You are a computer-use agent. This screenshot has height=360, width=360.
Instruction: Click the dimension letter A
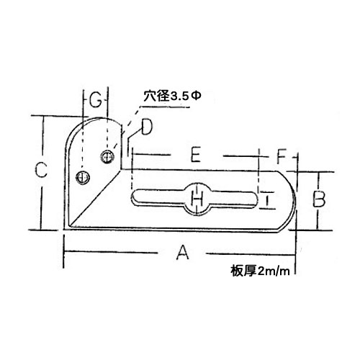tap(183, 252)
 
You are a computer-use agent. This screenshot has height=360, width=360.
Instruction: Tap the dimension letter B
tap(319, 199)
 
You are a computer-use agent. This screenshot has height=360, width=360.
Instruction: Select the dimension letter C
tap(41, 170)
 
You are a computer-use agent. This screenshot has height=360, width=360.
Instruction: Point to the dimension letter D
tap(147, 127)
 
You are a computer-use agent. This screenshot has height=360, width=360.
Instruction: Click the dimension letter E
tap(196, 155)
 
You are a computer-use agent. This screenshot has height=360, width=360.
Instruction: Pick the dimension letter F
tap(282, 156)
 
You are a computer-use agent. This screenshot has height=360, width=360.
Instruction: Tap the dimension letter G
tap(96, 100)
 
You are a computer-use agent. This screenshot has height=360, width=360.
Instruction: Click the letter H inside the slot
tap(197, 199)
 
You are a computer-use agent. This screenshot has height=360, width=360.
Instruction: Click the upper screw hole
tap(107, 157)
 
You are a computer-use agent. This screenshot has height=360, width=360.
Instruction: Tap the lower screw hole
tap(83, 177)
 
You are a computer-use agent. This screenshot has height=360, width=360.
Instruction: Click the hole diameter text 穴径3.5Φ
tap(172, 96)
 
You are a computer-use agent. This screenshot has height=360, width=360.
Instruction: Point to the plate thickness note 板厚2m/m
tap(260, 271)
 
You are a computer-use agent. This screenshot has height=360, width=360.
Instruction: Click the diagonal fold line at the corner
tap(96, 198)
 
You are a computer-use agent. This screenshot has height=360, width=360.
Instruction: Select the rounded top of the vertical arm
tap(95, 120)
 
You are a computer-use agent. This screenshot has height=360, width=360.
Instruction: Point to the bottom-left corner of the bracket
tap(65, 230)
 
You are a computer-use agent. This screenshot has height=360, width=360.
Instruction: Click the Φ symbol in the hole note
tap(196, 96)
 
